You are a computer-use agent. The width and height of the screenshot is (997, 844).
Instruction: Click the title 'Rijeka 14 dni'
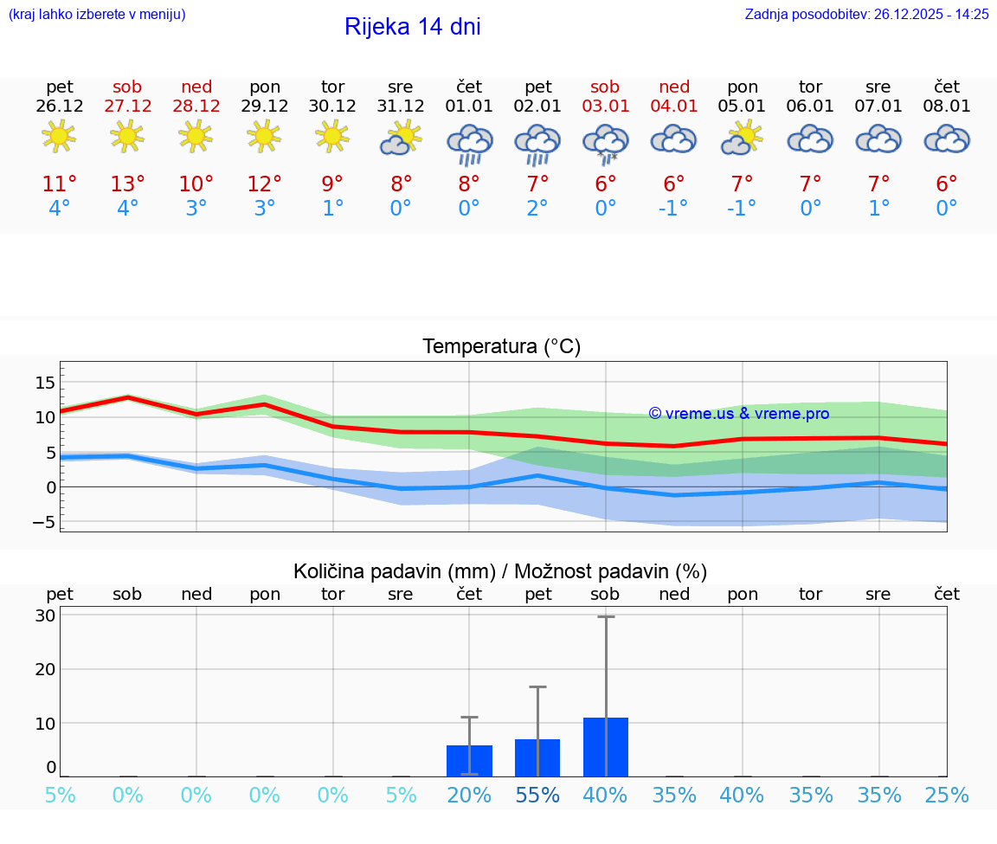(412, 27)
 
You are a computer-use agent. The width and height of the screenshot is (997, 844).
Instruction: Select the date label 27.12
(127, 106)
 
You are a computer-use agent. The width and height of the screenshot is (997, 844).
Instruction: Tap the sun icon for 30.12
(332, 136)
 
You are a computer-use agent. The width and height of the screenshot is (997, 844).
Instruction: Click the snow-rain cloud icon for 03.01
(605, 142)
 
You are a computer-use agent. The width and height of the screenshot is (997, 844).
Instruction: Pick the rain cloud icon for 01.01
(469, 142)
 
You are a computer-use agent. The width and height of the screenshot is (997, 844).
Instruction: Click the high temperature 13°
(127, 184)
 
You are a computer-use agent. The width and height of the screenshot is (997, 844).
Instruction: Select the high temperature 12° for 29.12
(264, 184)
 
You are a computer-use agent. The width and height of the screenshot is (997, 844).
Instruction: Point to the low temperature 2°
(537, 209)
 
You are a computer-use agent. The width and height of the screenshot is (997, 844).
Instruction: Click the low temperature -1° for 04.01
(673, 209)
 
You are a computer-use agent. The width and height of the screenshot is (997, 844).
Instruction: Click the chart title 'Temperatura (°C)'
(501, 347)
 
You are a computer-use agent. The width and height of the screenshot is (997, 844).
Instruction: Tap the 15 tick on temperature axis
(45, 383)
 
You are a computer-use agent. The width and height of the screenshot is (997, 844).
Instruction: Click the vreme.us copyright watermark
(738, 414)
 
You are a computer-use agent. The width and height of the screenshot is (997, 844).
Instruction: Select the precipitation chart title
(500, 571)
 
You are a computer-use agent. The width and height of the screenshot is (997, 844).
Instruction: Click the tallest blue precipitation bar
(605, 746)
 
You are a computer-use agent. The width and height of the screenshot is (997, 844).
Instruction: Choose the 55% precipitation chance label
(537, 796)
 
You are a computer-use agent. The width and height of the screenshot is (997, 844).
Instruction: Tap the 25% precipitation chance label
(946, 796)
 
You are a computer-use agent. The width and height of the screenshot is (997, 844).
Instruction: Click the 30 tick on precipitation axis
(46, 616)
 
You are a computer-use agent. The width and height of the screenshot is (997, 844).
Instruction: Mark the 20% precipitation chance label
(469, 796)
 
